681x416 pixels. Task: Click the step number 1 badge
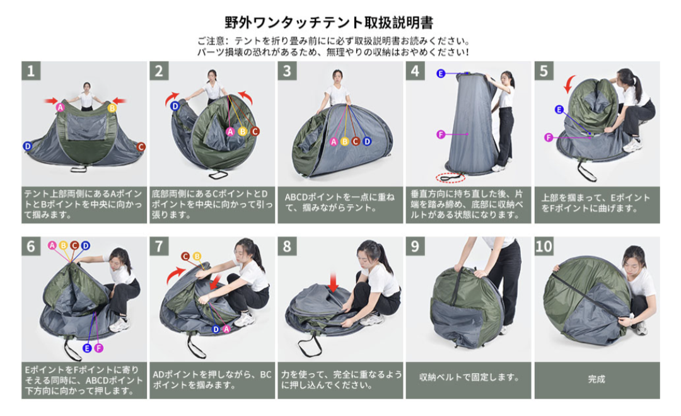pos(31,71)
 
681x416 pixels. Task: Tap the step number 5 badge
pos(544,71)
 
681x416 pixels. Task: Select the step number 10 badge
pos(544,246)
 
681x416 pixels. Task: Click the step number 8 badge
pos(287,246)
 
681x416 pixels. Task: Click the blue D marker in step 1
pos(27,146)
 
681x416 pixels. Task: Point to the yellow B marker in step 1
pos(112,108)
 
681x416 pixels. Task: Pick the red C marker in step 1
pos(141,147)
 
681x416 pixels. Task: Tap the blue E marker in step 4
pos(441,73)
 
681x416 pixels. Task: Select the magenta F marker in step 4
pos(441,135)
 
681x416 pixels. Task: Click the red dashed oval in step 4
pos(450,177)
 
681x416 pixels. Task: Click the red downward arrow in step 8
pos(333,282)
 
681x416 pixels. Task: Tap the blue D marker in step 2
pos(175,106)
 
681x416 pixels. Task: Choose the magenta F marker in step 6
pos(98,348)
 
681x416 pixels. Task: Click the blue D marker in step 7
pos(216,329)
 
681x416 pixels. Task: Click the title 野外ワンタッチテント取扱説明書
pos(329,23)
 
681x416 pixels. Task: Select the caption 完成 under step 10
pos(597,379)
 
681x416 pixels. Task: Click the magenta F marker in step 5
pos(549,137)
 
